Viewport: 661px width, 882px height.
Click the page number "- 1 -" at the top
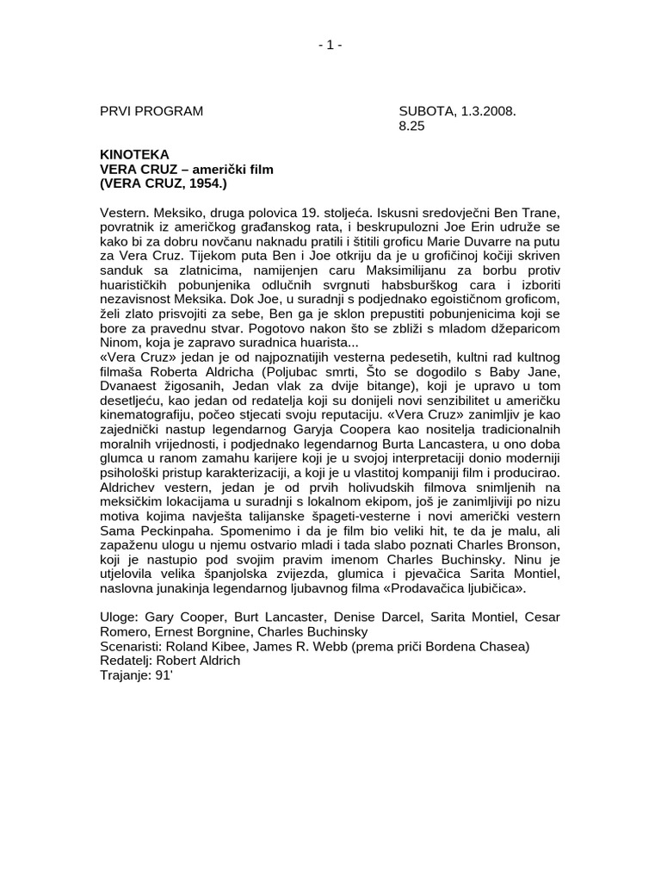click(330, 46)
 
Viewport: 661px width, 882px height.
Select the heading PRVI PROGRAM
click(151, 111)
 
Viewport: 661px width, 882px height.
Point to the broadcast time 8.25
click(412, 126)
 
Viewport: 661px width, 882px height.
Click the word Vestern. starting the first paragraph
click(126, 213)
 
